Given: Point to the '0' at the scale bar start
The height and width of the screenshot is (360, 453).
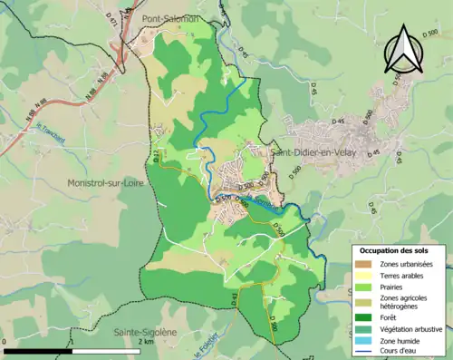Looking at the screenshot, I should (x=5, y=342).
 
